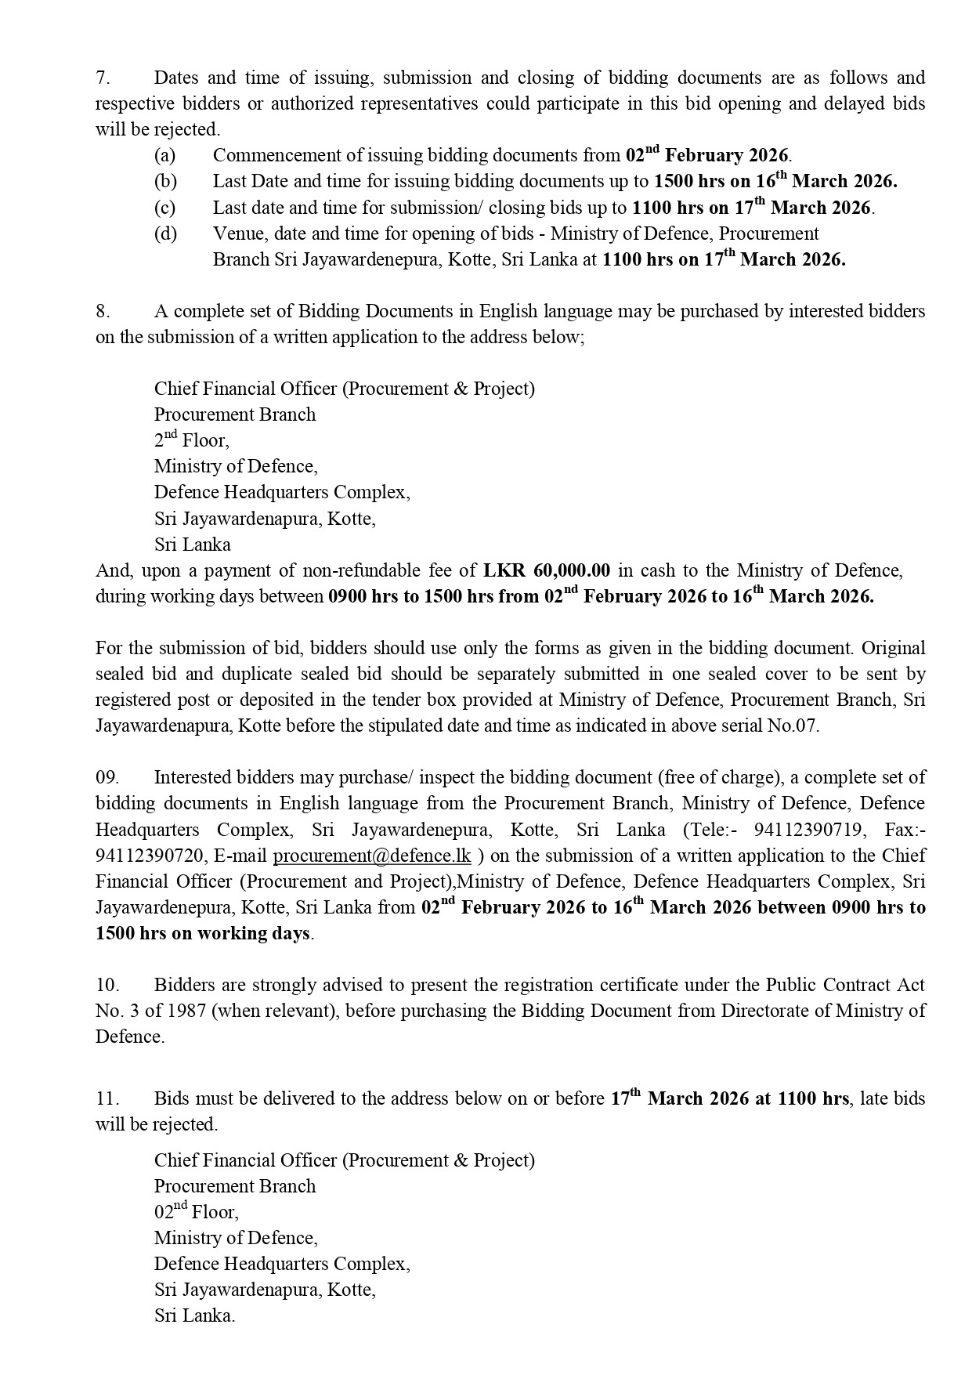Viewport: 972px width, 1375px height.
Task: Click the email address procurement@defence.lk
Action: (371, 856)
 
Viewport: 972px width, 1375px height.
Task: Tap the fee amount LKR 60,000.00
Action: (547, 570)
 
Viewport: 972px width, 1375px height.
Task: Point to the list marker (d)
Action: (165, 233)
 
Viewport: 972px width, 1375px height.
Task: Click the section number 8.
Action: (103, 311)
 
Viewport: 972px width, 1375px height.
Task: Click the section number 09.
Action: (107, 777)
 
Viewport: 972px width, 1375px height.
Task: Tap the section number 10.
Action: (107, 985)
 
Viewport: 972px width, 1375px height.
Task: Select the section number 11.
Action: (107, 1098)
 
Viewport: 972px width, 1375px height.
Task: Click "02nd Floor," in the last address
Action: (196, 1212)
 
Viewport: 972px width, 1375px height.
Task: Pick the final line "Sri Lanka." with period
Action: (194, 1315)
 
